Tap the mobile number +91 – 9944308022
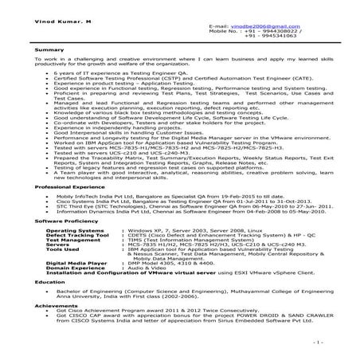(x=274, y=32)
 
